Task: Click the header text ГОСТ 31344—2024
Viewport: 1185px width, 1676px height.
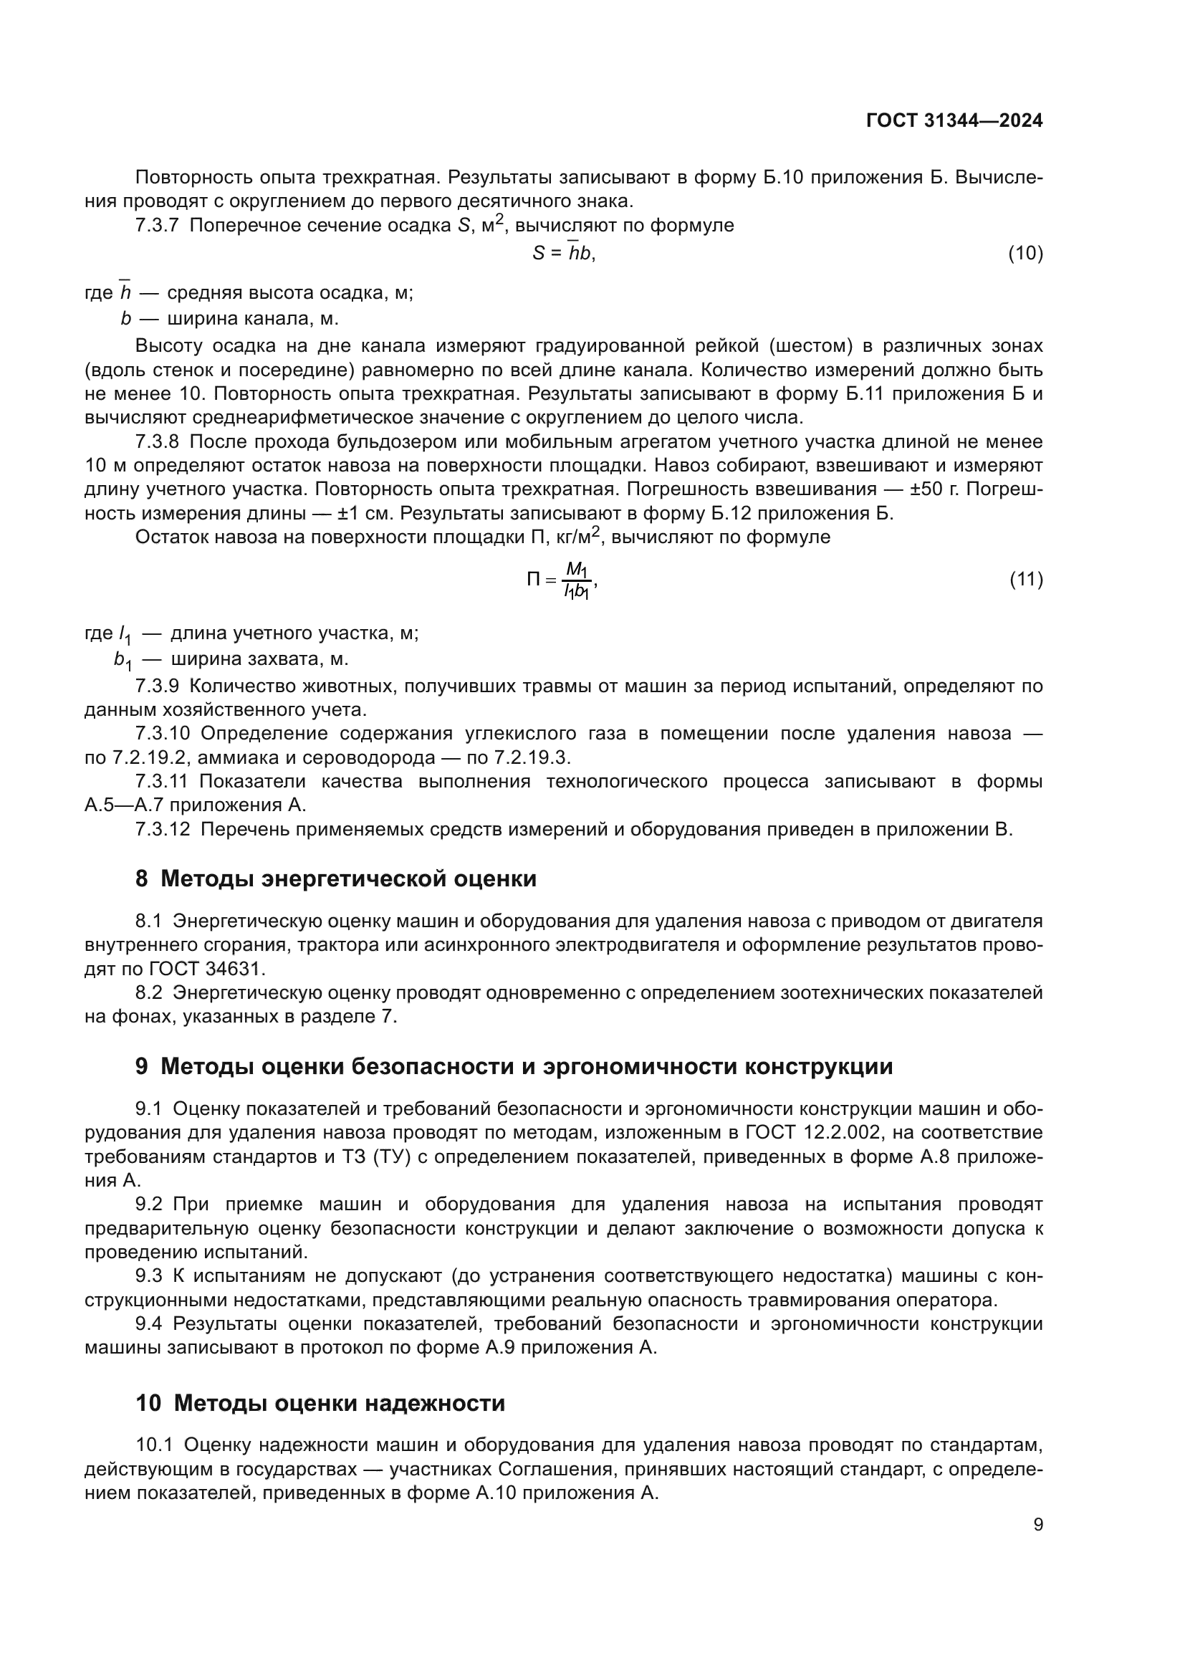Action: (954, 121)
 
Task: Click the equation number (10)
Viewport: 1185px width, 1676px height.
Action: (1025, 253)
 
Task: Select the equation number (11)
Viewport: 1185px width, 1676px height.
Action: (1025, 580)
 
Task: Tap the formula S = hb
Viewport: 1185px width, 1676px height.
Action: (562, 253)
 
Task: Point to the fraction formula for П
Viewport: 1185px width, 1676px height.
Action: (562, 580)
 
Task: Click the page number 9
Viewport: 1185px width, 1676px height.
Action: (1038, 1525)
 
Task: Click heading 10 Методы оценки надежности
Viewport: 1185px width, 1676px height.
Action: (320, 1403)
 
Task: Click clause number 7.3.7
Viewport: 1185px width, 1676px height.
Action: (157, 226)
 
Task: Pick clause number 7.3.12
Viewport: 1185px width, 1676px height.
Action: (162, 829)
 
